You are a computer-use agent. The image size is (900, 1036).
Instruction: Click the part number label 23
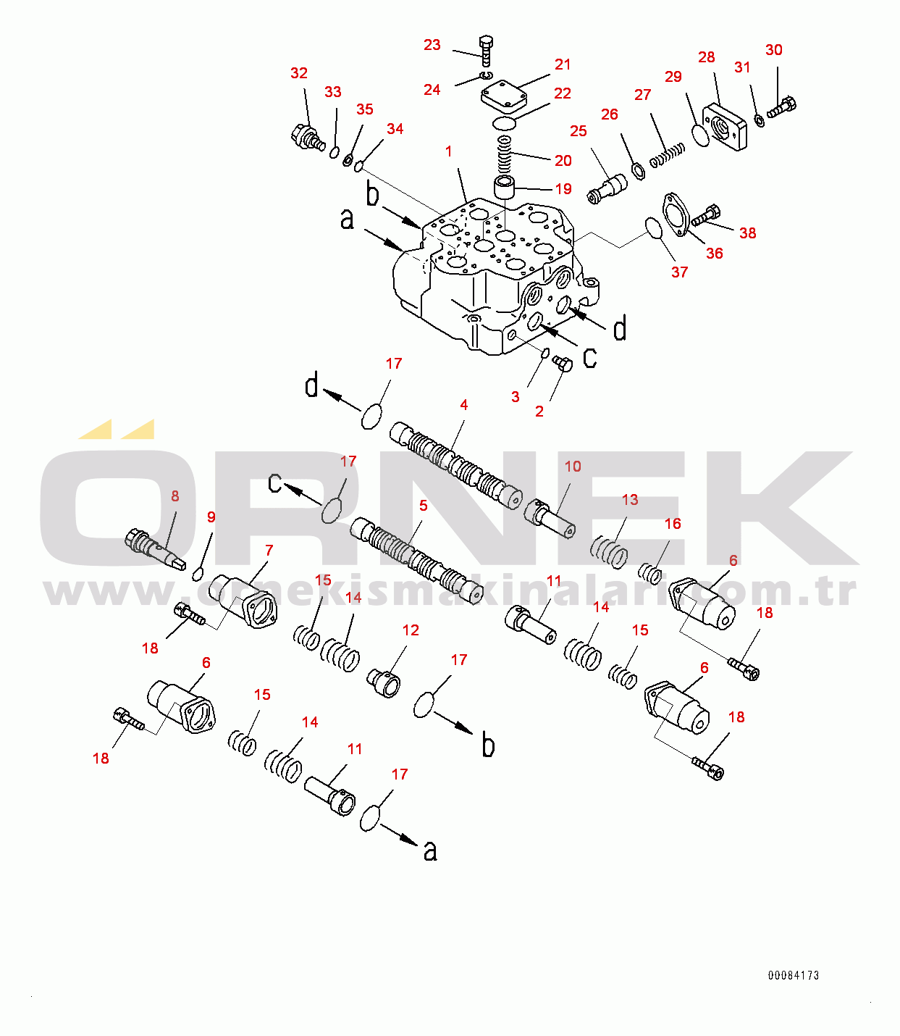pyautogui.click(x=432, y=45)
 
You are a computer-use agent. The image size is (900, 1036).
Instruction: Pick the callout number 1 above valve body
pyautogui.click(x=449, y=151)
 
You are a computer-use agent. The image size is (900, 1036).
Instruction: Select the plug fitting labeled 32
pyautogui.click(x=307, y=136)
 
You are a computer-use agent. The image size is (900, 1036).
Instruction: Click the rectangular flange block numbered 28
pyautogui.click(x=726, y=128)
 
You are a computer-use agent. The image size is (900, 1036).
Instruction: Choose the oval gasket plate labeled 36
pyautogui.click(x=677, y=214)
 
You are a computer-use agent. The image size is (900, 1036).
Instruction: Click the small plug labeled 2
pyautogui.click(x=563, y=363)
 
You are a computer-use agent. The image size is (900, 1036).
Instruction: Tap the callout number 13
pyautogui.click(x=630, y=500)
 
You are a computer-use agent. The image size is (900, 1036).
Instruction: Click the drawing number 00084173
pyautogui.click(x=794, y=975)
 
